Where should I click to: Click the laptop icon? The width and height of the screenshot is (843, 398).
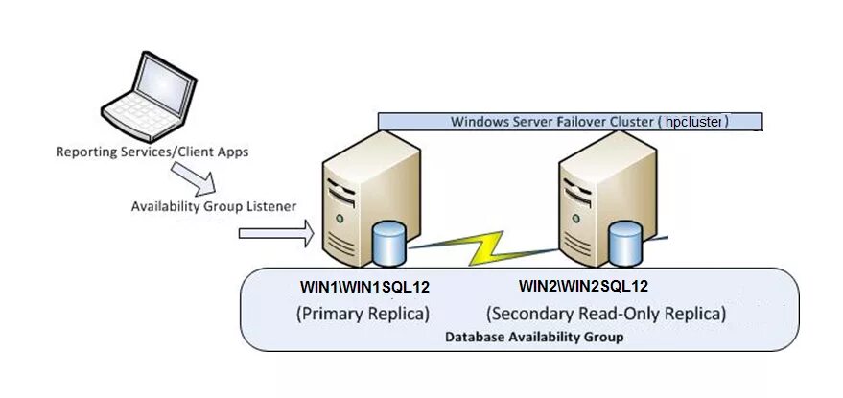[145, 96]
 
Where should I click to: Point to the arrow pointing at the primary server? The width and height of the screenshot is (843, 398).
[276, 232]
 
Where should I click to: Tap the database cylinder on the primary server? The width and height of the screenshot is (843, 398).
[389, 243]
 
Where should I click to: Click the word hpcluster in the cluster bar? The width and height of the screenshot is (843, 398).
[693, 122]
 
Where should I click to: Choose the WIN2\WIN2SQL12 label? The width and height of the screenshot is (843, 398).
[583, 286]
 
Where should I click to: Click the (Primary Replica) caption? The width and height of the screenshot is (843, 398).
[363, 314]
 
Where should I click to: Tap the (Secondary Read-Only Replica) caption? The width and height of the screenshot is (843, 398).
[606, 314]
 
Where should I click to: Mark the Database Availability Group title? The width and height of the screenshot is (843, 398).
[534, 337]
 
